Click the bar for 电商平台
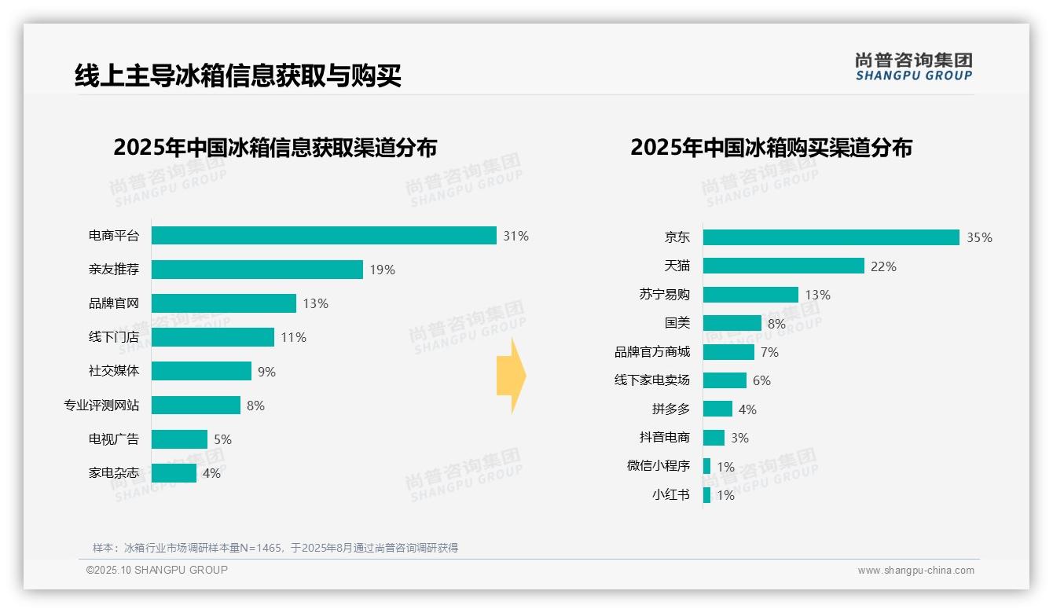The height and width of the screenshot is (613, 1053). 324,236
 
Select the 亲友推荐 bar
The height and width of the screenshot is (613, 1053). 257,270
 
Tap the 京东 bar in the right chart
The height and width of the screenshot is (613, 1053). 831,237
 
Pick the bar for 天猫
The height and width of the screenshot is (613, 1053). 783,266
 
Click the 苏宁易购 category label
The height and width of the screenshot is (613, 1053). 664,295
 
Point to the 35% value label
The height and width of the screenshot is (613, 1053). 979,238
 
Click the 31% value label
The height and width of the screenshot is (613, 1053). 515,236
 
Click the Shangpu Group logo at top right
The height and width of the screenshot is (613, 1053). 913,66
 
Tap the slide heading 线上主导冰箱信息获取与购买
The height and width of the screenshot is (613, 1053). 238,76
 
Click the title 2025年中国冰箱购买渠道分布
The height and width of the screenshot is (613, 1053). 771,148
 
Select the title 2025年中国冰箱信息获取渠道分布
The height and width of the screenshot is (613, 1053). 275,148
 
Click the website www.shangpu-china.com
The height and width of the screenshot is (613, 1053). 915,571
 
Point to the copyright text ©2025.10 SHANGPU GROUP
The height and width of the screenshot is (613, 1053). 157,570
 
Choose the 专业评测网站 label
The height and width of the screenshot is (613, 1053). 101,406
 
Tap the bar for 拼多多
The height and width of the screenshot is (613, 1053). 717,409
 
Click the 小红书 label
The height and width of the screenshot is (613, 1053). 670,495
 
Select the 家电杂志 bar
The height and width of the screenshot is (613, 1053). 174,473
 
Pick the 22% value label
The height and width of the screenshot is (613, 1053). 883,267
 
